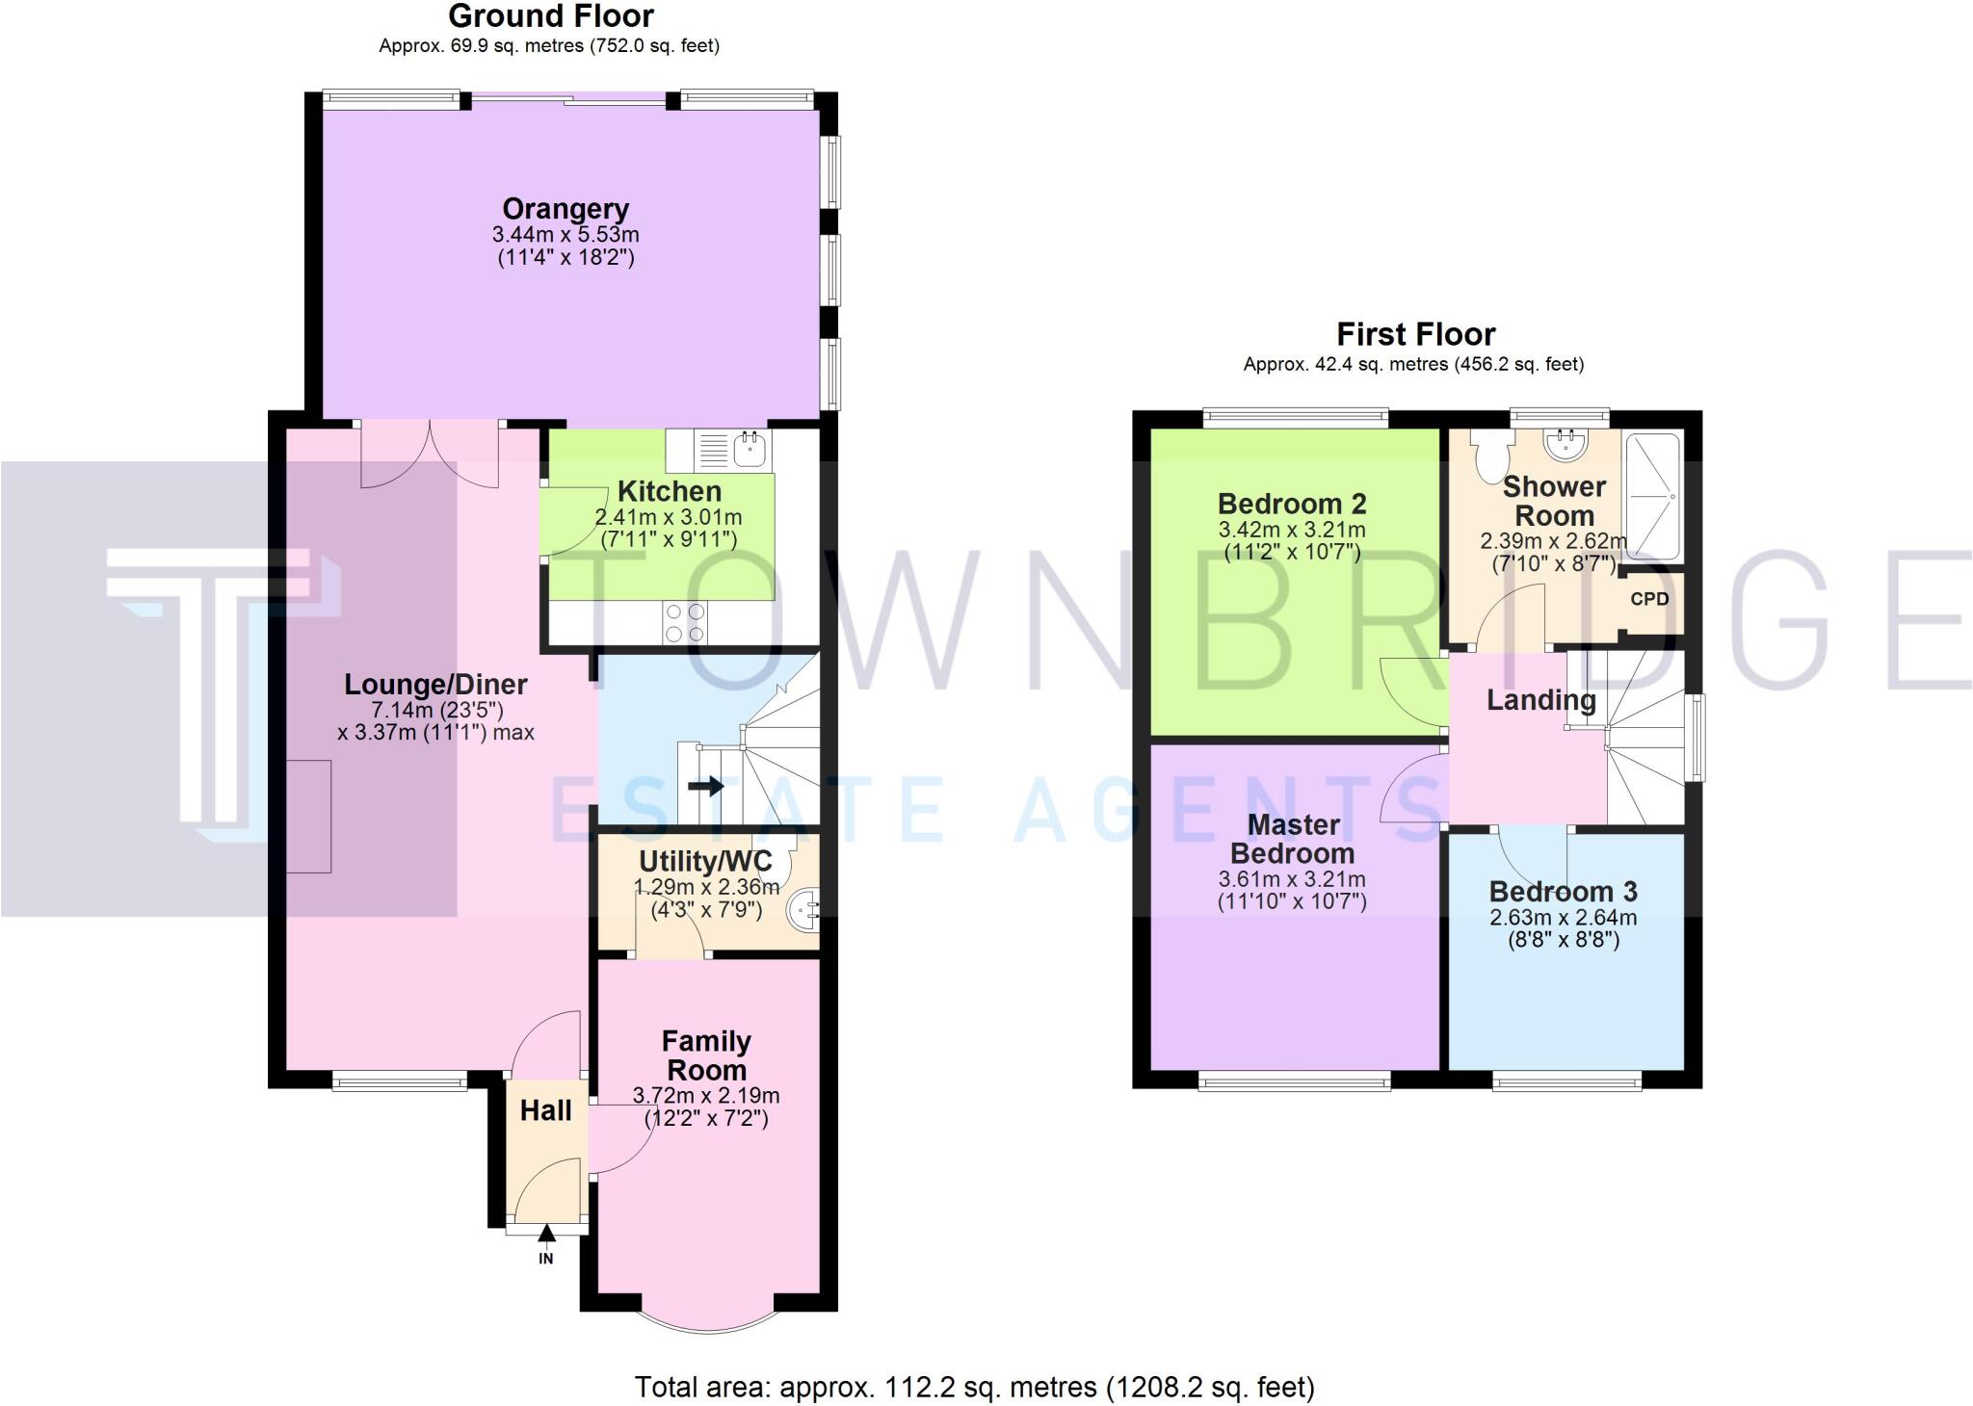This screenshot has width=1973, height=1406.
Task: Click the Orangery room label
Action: [566, 209]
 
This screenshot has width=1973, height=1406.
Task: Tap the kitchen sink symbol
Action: [749, 449]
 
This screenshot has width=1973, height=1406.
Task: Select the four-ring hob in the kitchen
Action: [683, 622]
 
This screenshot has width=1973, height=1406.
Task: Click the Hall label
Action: [545, 1111]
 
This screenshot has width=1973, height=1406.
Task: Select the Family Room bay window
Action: [706, 1321]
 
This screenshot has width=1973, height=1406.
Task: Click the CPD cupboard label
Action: [1649, 599]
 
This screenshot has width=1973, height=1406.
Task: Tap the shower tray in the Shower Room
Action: [1653, 496]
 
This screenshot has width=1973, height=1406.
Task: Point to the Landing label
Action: [1540, 701]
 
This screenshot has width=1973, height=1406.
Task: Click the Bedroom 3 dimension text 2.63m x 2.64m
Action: [1563, 918]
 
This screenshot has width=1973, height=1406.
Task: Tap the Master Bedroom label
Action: [1292, 839]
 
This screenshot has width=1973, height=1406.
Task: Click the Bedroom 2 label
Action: [1292, 504]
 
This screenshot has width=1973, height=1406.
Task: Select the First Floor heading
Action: [1415, 334]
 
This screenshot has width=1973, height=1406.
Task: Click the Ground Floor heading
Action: [550, 16]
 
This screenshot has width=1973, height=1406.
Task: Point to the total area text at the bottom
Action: [974, 1388]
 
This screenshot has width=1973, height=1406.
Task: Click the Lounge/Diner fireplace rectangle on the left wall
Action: [309, 816]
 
